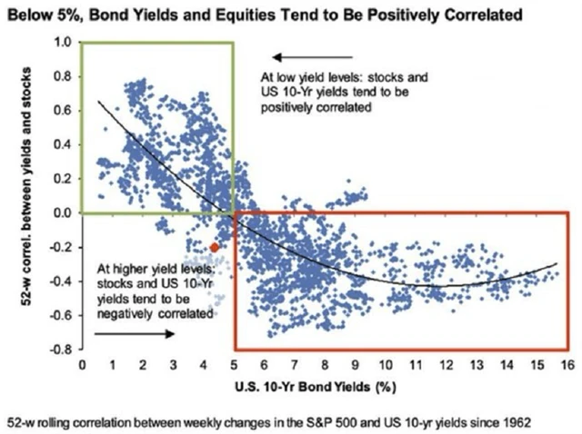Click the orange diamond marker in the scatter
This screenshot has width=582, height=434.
coord(215,247)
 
